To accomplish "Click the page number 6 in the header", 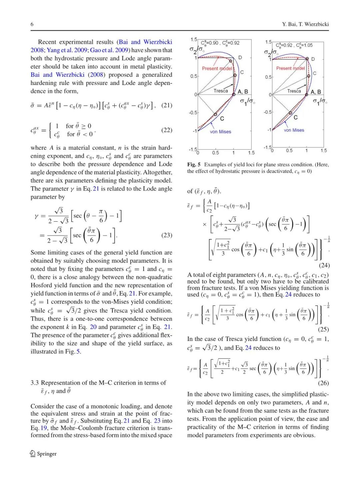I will [32, 24].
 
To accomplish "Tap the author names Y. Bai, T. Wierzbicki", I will [305, 24].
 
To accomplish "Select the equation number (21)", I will [167, 105].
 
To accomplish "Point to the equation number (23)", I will [167, 235].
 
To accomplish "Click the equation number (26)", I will [323, 383].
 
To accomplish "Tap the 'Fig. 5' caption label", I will [194, 164].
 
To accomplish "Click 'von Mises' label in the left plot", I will [220, 132].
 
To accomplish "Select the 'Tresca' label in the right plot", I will [294, 91].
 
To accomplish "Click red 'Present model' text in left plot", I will [217, 68].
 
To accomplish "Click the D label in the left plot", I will [240, 58].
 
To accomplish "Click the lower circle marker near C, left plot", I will [215, 114].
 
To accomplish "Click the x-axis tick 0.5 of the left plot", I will [216, 153].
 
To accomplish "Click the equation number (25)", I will [323, 329].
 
